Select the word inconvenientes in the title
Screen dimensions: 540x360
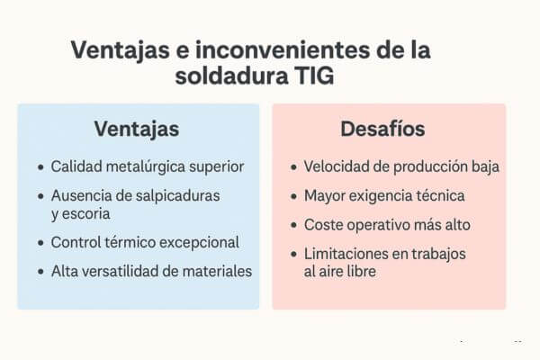[283, 50]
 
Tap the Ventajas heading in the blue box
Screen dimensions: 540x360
[137, 130]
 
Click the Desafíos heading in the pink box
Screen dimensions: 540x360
[382, 129]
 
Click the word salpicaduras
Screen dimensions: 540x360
[177, 196]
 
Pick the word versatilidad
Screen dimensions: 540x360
[117, 271]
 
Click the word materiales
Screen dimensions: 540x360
[217, 271]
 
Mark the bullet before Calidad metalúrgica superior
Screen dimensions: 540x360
[41, 167]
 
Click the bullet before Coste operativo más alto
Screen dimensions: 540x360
[293, 226]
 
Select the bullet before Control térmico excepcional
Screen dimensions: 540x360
[41, 243]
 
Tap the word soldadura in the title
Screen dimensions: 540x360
[231, 76]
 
